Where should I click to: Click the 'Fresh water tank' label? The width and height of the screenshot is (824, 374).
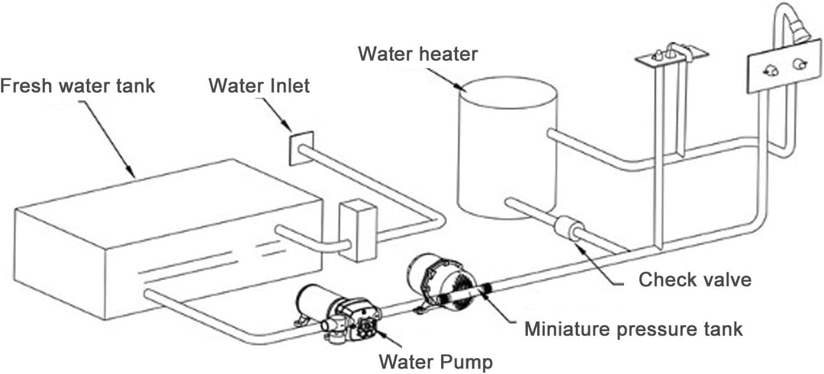(77, 85)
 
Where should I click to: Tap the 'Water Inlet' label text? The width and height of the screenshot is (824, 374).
(259, 85)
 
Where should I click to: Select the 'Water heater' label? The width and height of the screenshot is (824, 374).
(418, 54)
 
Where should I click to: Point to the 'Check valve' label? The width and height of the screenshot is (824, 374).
(694, 279)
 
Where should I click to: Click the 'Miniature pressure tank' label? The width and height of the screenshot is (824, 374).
(633, 329)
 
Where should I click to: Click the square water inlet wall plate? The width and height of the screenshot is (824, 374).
(301, 147)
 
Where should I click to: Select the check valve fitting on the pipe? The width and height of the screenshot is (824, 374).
(569, 228)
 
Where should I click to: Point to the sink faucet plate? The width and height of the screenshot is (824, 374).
(671, 55)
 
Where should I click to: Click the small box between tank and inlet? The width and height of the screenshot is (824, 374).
(357, 230)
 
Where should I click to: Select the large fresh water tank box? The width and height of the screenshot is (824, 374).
(168, 237)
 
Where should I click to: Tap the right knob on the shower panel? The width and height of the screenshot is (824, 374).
(799, 65)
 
